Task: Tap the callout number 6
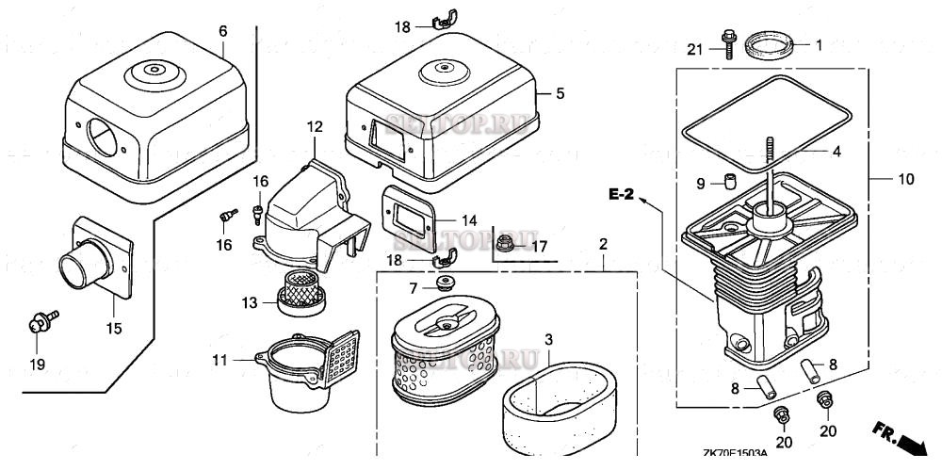(223, 31)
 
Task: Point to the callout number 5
(560, 93)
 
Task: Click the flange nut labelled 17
(506, 244)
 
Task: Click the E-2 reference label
(622, 195)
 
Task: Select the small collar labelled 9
(729, 180)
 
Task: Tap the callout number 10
(905, 177)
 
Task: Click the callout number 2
(603, 244)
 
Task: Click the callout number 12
(314, 125)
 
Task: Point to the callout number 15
(113, 329)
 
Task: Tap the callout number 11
(219, 359)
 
